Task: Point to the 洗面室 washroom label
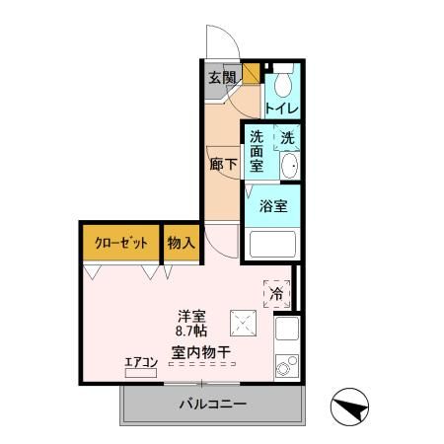257,152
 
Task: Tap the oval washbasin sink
287,168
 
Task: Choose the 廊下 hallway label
222,164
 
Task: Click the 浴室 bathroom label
273,206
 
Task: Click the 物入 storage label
181,242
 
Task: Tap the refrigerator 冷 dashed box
277,293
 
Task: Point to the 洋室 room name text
191,317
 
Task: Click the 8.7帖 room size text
191,333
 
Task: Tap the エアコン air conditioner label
141,362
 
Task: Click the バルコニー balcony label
212,404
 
